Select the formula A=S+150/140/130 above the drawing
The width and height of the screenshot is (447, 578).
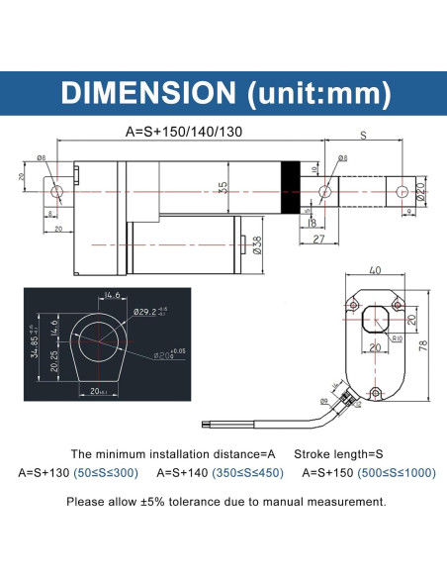point(184,130)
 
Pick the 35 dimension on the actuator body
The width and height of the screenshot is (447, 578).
point(224,187)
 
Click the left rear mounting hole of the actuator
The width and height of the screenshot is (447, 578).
point(56,190)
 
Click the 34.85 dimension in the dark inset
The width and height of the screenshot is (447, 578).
point(35,348)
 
